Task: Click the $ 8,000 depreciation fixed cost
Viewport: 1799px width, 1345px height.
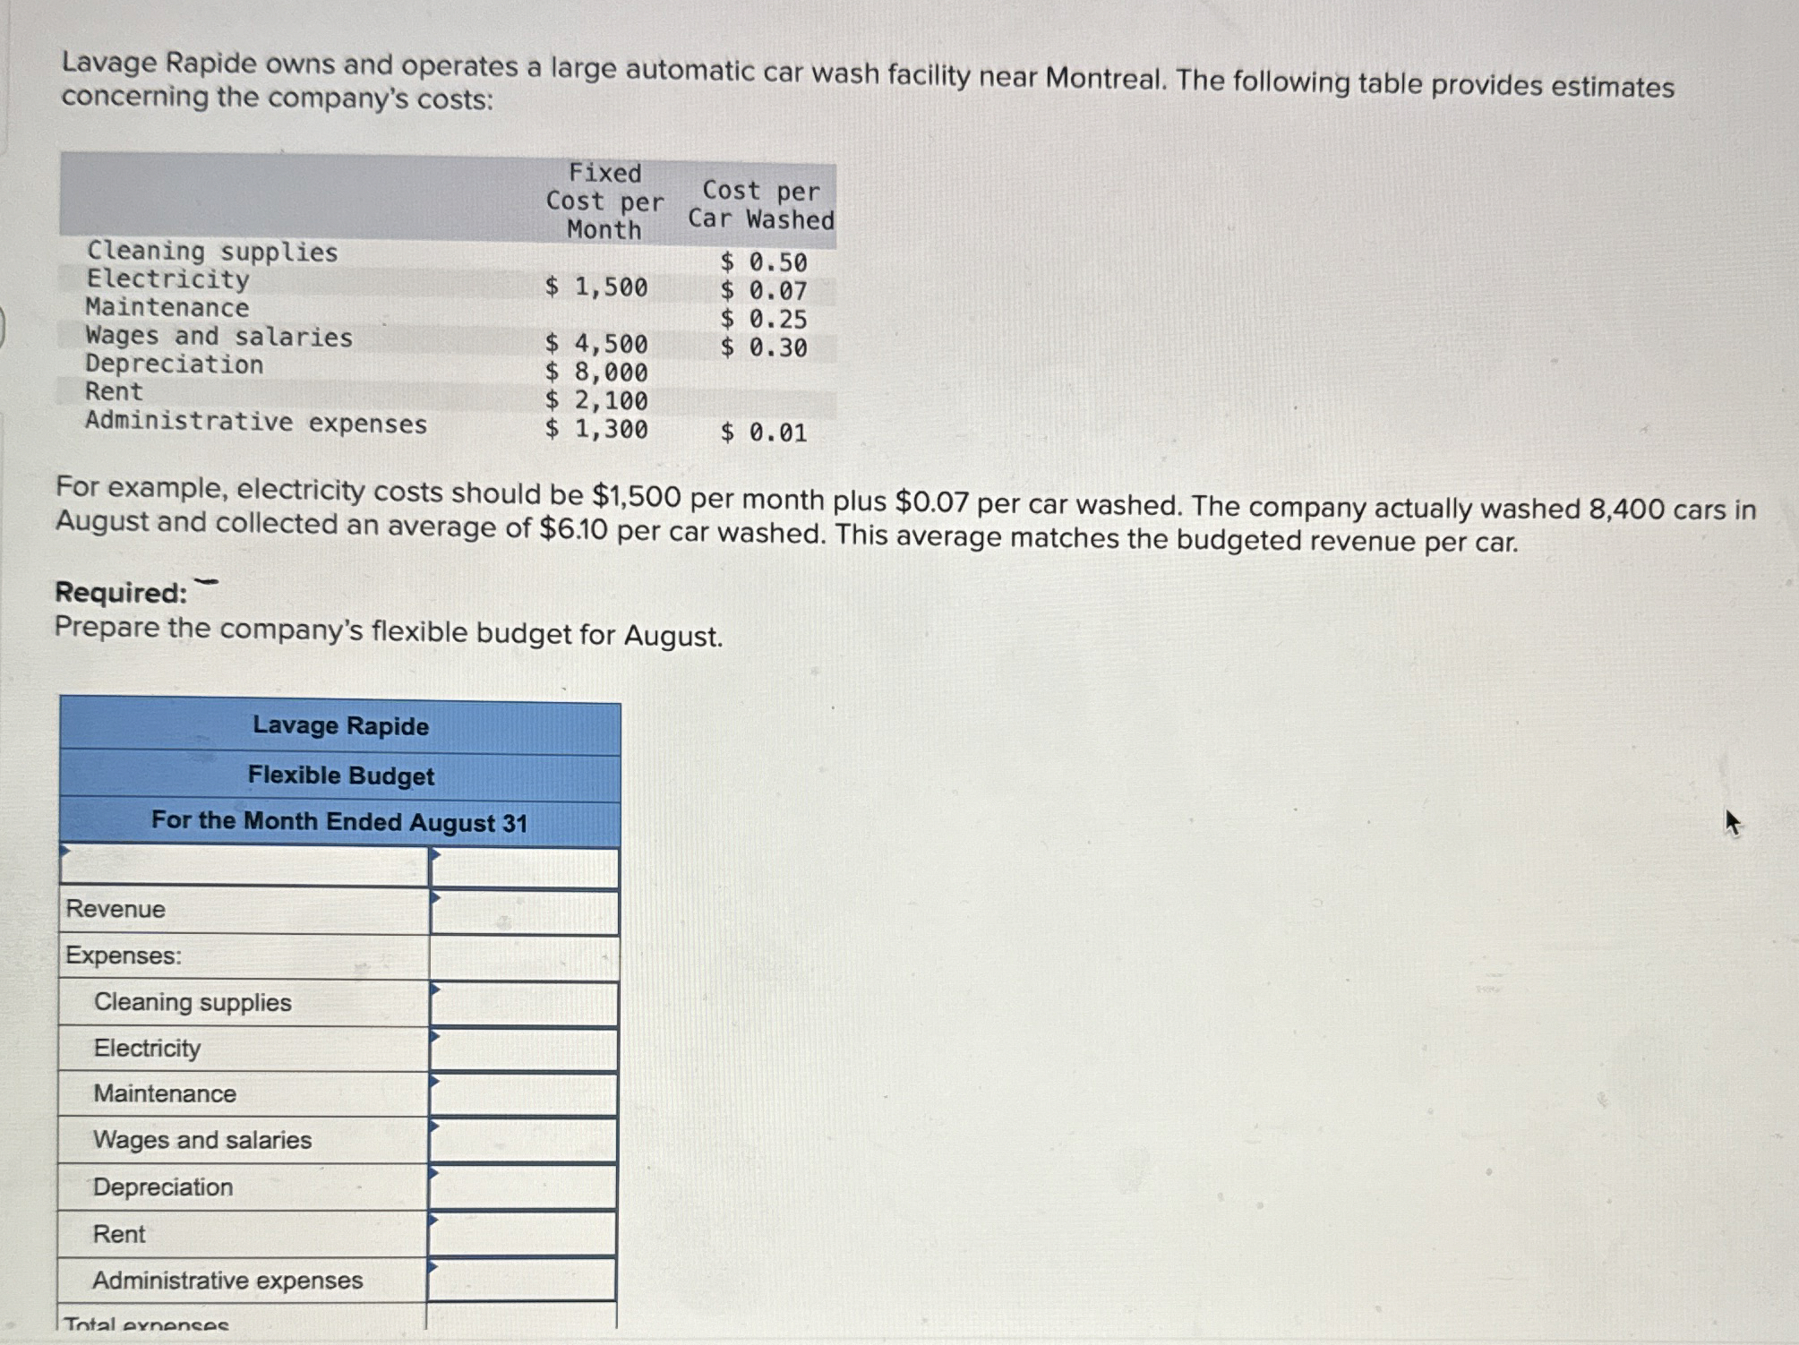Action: click(x=596, y=373)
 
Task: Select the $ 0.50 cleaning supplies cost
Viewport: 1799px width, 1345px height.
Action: click(x=764, y=262)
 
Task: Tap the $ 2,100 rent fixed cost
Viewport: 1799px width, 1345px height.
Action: click(x=596, y=401)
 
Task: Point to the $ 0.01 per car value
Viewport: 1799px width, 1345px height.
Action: click(x=764, y=433)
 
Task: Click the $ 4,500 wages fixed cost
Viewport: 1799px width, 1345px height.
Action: click(x=596, y=344)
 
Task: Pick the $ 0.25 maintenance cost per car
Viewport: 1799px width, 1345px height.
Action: click(x=764, y=320)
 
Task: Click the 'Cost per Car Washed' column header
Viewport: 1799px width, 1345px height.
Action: click(x=761, y=205)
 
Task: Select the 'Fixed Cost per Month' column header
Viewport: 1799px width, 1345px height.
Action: click(x=604, y=201)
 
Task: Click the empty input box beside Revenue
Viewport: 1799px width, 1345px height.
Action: click(x=524, y=912)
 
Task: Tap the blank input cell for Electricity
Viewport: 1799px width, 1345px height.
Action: click(x=524, y=1049)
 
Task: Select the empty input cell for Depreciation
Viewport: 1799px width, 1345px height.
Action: click(x=523, y=1187)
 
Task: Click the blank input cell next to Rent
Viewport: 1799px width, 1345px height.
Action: click(x=523, y=1234)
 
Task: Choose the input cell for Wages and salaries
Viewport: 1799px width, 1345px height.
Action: click(x=523, y=1141)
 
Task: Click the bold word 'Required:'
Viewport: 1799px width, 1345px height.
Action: click(x=121, y=593)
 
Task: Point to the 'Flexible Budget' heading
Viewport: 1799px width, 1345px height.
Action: click(x=341, y=775)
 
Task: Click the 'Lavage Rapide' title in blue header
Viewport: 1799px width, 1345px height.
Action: click(x=341, y=725)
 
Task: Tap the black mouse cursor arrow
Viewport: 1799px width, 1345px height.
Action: click(x=1732, y=822)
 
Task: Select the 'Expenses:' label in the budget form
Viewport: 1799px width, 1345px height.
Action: click(x=124, y=955)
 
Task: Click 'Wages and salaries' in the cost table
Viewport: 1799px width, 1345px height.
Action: click(x=219, y=338)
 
